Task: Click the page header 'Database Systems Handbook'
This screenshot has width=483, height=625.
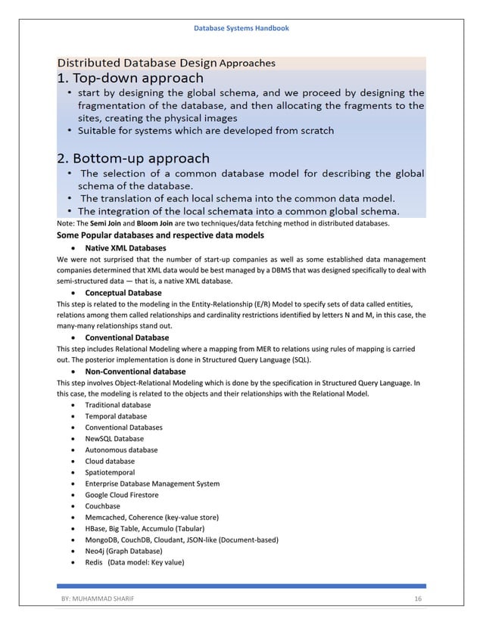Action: pos(241,28)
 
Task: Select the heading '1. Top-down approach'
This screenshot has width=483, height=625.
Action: pos(130,78)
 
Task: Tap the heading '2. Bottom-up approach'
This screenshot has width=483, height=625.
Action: pos(133,159)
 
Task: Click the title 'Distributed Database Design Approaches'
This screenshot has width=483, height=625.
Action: pos(167,62)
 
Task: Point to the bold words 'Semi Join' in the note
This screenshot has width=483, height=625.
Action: pos(104,224)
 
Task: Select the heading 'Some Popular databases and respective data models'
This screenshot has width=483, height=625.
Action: pos(160,236)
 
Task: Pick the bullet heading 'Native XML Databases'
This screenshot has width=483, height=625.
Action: pos(125,248)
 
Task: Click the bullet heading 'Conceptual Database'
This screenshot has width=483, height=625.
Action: pos(123,292)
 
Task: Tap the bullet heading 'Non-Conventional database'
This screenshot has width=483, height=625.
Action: pos(135,372)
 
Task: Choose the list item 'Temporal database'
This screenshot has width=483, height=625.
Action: pos(116,416)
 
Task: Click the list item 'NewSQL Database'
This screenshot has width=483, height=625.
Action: pos(114,439)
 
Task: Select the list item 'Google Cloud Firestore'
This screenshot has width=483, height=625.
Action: pos(123,495)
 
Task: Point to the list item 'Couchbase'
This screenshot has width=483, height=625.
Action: pos(102,506)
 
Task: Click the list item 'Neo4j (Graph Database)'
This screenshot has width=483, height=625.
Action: pos(123,551)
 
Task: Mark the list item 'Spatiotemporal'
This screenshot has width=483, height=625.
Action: pos(110,472)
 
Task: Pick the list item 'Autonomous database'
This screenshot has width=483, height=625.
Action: pos(121,450)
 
